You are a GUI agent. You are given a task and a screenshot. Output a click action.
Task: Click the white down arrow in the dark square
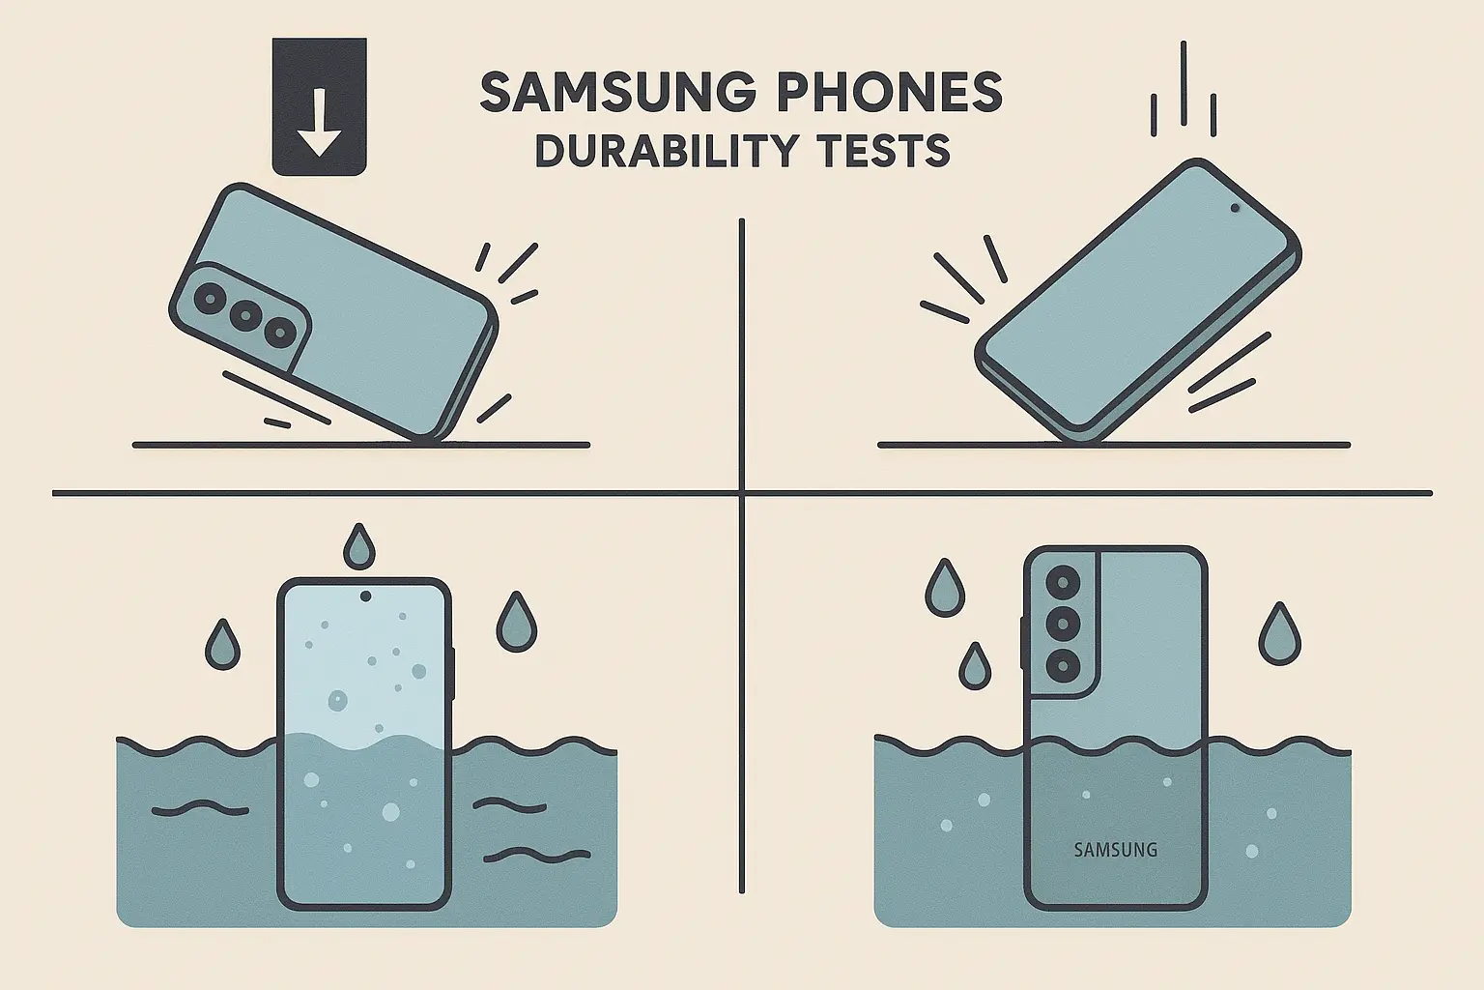click(319, 124)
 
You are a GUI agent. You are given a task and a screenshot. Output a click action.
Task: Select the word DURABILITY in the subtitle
click(667, 151)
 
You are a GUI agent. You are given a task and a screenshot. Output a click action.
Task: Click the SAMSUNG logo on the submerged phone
click(1116, 850)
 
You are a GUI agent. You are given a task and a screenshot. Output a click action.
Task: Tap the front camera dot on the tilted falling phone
click(1235, 208)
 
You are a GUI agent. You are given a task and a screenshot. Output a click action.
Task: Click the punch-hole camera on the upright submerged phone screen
click(365, 597)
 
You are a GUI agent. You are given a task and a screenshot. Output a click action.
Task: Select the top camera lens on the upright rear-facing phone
click(1064, 583)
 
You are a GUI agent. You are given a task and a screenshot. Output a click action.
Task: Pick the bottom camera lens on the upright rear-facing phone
click(1064, 666)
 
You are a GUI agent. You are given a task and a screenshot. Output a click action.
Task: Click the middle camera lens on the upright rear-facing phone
click(1064, 624)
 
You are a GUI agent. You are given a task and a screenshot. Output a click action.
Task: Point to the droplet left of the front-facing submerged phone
click(222, 645)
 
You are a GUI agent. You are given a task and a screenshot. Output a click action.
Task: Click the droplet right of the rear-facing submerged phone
click(1280, 633)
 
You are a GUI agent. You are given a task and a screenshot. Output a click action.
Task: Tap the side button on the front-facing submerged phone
click(453, 674)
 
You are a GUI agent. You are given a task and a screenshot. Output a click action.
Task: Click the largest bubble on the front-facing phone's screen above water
click(338, 700)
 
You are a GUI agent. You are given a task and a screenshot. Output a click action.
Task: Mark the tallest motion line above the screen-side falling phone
click(1184, 83)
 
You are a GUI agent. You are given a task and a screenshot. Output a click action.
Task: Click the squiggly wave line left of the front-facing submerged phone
click(200, 809)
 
